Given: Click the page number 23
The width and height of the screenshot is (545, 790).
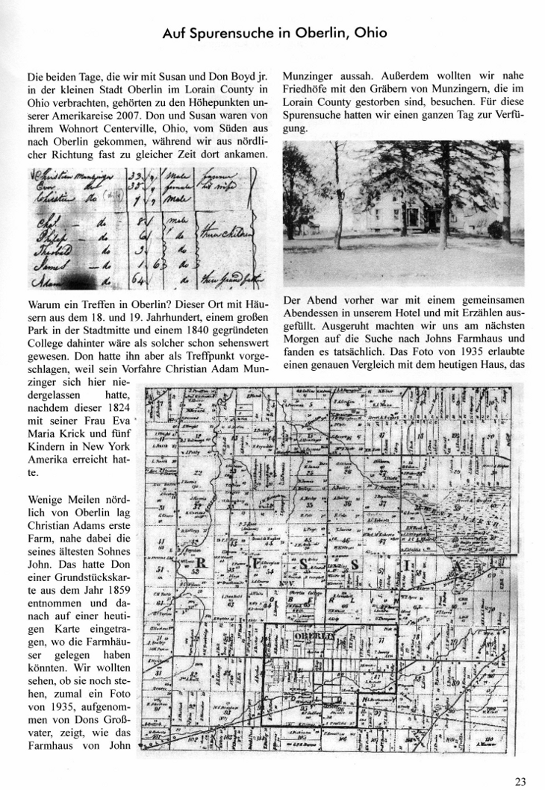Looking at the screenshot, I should click(x=520, y=780).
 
